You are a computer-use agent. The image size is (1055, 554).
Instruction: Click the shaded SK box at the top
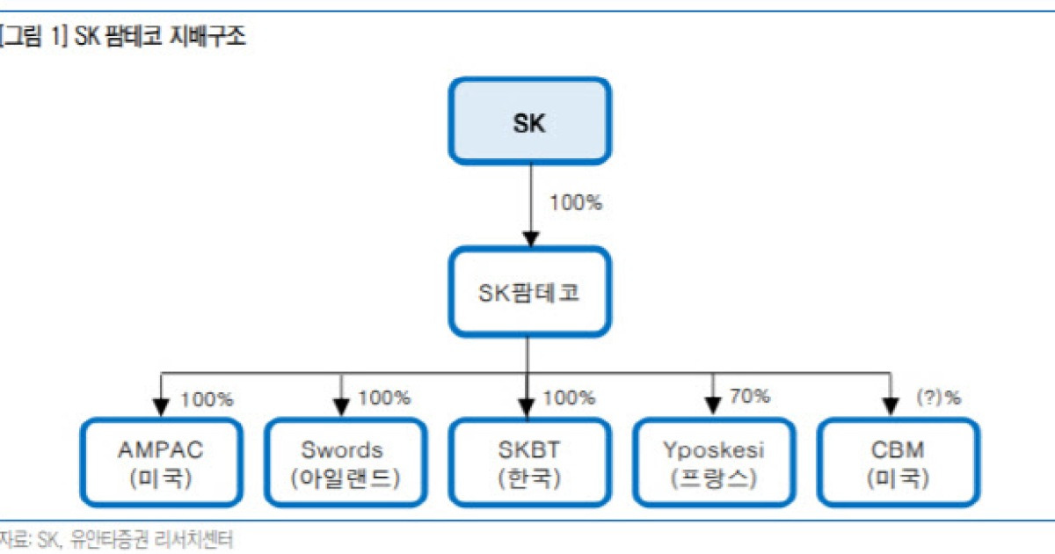point(529,121)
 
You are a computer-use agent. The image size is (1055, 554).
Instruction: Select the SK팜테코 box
point(529,292)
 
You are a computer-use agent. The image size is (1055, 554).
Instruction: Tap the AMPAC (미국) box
point(160,463)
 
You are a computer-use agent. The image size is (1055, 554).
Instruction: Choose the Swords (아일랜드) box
point(343,463)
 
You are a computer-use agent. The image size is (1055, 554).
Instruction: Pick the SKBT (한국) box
point(528,463)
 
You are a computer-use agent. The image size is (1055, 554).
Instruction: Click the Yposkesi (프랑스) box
point(713,463)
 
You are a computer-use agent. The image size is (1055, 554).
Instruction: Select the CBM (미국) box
point(896,463)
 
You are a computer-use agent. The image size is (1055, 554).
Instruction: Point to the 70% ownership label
point(750,396)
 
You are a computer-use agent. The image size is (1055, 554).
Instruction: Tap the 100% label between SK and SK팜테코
point(576,202)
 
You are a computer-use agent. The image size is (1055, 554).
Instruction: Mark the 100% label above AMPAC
point(207,399)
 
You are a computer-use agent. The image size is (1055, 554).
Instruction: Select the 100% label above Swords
point(384,397)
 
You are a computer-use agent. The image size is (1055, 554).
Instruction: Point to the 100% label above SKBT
point(569,397)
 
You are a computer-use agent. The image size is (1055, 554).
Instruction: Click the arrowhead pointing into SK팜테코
point(528,238)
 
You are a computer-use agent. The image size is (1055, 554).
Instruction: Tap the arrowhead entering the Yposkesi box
point(712,406)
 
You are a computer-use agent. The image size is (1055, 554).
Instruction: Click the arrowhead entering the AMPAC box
point(161,406)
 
